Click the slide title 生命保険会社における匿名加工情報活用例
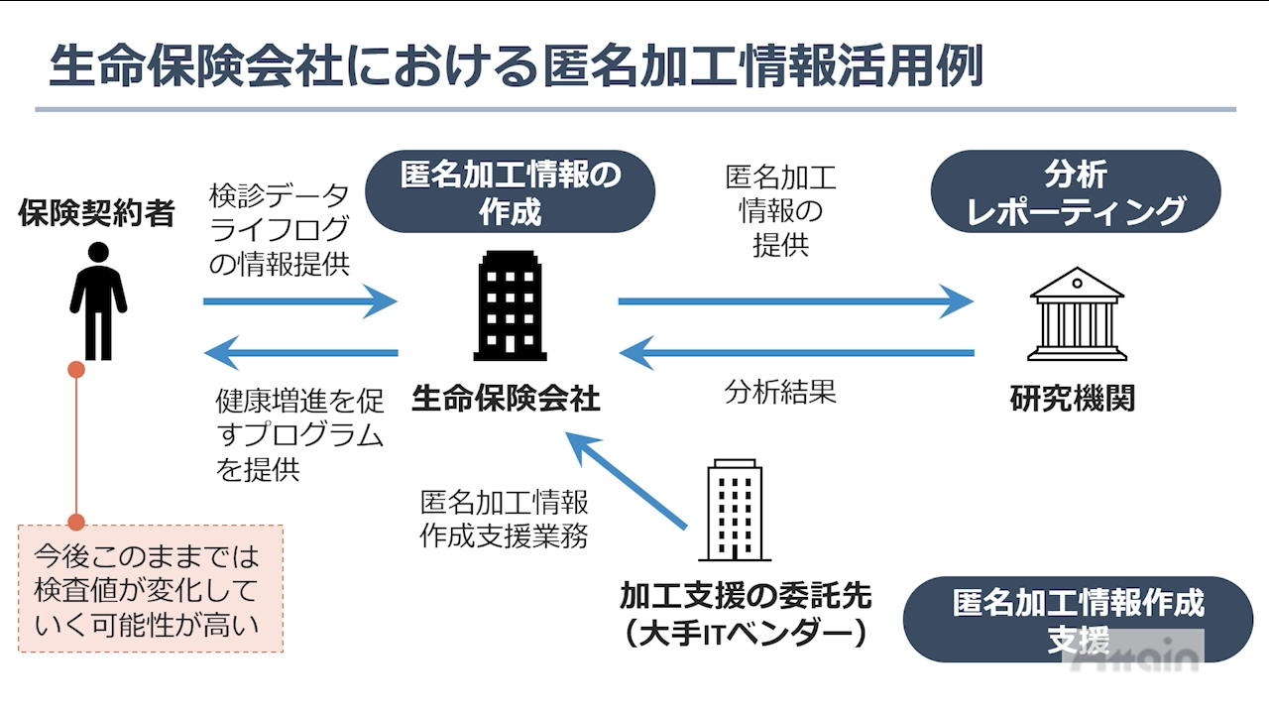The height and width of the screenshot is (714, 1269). click(x=516, y=66)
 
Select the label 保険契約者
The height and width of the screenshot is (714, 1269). click(x=96, y=213)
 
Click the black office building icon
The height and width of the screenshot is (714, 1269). click(x=510, y=305)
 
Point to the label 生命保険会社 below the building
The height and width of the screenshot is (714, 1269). click(x=506, y=399)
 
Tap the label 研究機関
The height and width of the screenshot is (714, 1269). click(x=1073, y=399)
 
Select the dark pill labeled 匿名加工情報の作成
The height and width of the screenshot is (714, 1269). click(x=511, y=192)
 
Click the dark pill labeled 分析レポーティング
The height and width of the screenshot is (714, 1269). click(x=1076, y=192)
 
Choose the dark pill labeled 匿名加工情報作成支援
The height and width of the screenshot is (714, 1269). click(x=1078, y=619)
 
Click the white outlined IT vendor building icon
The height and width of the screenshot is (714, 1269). click(x=735, y=511)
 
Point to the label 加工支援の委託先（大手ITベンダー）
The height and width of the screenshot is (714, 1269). click(x=746, y=614)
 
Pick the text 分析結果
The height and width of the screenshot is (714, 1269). click(x=780, y=392)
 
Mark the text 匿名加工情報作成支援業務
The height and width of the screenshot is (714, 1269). click(x=504, y=518)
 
